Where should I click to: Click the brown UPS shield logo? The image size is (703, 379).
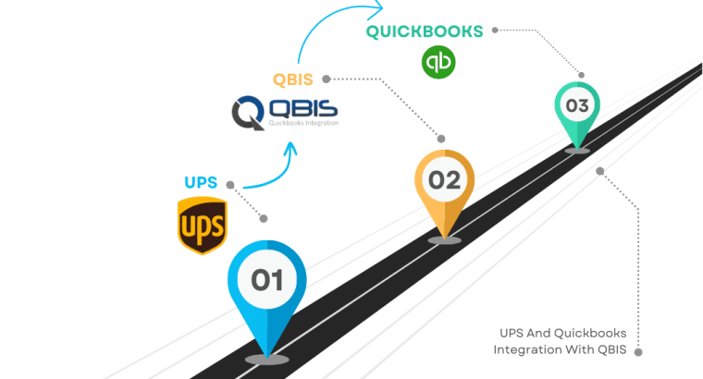[202, 225]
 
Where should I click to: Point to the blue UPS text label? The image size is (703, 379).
[202, 181]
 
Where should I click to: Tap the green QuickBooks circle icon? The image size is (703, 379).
[438, 62]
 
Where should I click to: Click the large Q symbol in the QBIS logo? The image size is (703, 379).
[248, 112]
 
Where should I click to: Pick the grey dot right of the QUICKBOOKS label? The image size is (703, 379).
[495, 30]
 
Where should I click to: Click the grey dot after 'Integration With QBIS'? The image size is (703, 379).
[636, 350]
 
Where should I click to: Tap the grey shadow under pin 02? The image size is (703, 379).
[445, 239]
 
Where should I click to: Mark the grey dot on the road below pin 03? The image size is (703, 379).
[600, 170]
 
